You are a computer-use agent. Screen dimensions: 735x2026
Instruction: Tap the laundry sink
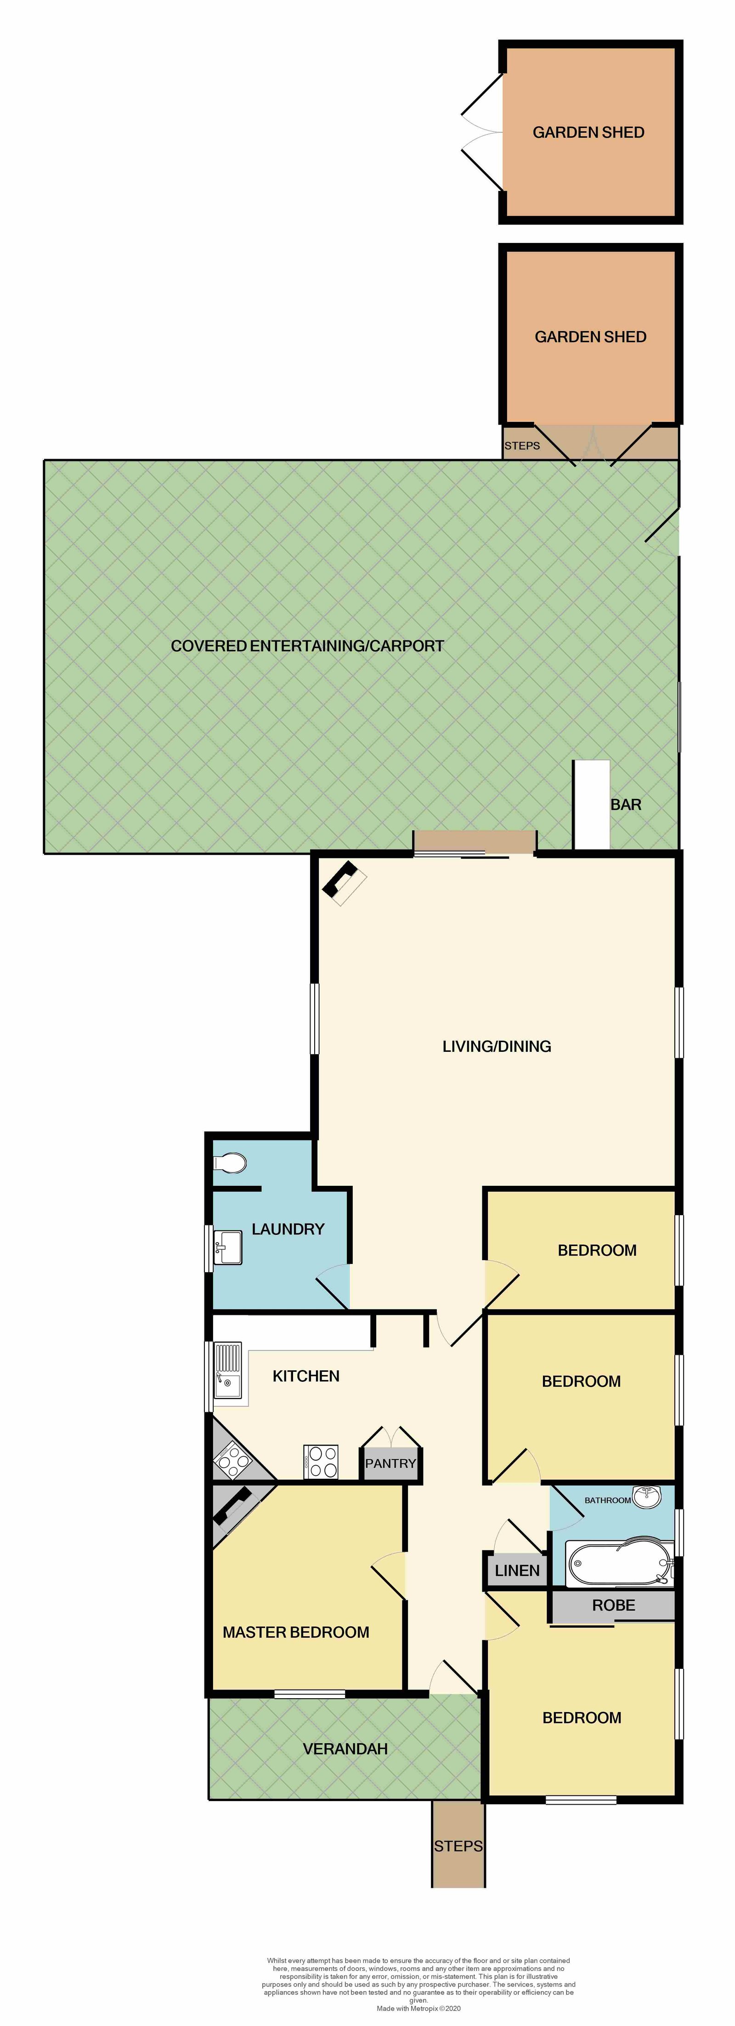(228, 1246)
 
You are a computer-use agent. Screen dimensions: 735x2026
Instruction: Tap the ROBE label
(613, 1605)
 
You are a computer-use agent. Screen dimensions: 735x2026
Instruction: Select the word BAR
(626, 805)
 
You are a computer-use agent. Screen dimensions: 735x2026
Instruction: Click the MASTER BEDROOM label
(296, 1632)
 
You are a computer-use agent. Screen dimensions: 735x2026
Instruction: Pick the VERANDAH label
(345, 1748)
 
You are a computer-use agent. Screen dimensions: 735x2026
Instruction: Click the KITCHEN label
(306, 1375)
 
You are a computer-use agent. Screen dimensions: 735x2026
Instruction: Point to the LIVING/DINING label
(497, 1046)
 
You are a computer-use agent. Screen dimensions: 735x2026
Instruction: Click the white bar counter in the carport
(591, 805)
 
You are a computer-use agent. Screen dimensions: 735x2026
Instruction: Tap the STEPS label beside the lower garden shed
(522, 445)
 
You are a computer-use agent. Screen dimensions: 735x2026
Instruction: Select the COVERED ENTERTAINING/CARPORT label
(308, 645)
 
